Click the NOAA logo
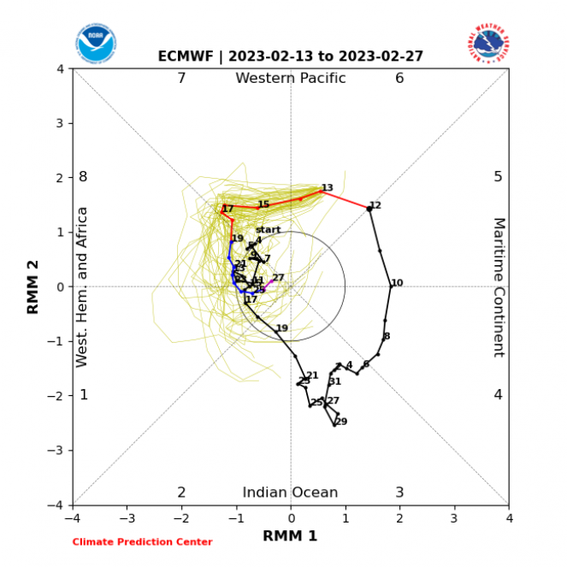click(96, 43)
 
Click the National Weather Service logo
click(488, 43)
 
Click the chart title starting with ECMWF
click(290, 56)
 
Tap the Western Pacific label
click(291, 79)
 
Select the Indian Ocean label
click(290, 493)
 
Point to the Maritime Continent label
click(499, 286)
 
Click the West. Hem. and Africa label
click(83, 286)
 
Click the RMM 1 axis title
click(290, 536)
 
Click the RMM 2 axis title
click(33, 286)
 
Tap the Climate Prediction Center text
click(142, 542)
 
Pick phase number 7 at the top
click(181, 79)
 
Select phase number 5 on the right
click(498, 177)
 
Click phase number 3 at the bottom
click(399, 493)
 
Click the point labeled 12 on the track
click(369, 208)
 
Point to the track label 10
click(397, 283)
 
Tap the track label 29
click(341, 422)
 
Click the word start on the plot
click(268, 230)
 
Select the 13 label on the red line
click(327, 188)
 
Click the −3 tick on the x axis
click(127, 517)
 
